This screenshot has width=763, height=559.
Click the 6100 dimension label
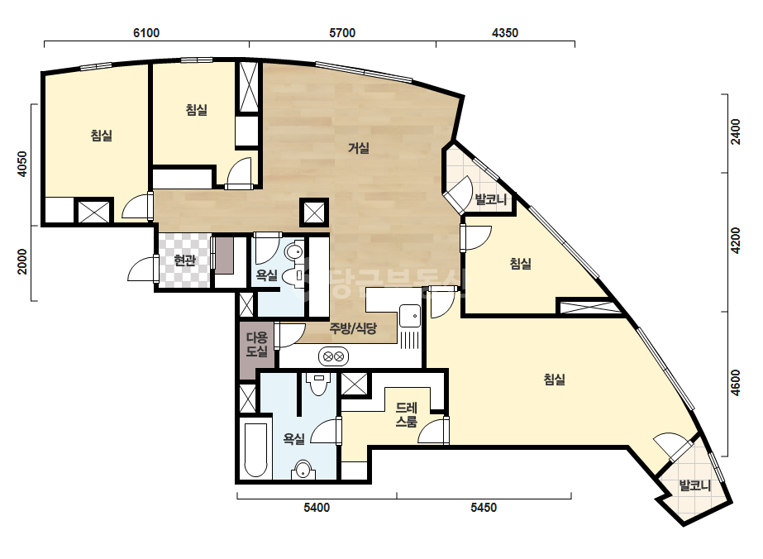[x=146, y=32]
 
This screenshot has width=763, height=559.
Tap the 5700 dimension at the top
[x=342, y=32]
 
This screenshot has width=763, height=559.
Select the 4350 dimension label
[x=505, y=32]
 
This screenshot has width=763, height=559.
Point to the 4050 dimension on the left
[x=22, y=164]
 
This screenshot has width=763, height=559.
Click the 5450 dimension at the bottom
[x=484, y=508]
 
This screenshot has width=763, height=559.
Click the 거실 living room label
[x=359, y=148]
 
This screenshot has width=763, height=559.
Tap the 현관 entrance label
[x=185, y=260]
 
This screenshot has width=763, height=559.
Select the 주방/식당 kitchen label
[x=353, y=327]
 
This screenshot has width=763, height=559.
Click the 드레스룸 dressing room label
[x=407, y=415]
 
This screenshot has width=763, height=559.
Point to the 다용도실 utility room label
[x=256, y=344]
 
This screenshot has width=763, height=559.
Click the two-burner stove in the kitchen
[x=333, y=357]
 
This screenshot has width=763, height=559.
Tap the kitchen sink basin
[x=410, y=316]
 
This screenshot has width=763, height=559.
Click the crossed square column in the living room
[x=314, y=213]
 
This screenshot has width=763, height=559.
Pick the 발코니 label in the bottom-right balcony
[x=695, y=485]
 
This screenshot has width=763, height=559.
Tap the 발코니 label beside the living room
[x=490, y=199]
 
